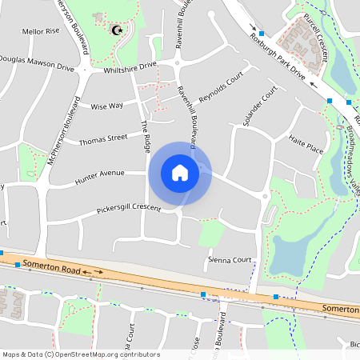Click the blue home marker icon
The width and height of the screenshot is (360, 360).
pos(180,173)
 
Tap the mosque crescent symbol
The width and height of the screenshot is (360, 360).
pos(118,30)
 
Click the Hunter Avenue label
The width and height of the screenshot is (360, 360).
pos(100,178)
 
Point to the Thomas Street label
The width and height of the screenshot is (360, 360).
pos(103,140)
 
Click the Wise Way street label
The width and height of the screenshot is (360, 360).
pos(106,106)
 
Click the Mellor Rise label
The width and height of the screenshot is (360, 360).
pos(41,31)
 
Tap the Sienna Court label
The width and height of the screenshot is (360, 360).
pos(230,260)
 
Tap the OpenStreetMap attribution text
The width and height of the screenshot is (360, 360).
pos(80,354)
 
